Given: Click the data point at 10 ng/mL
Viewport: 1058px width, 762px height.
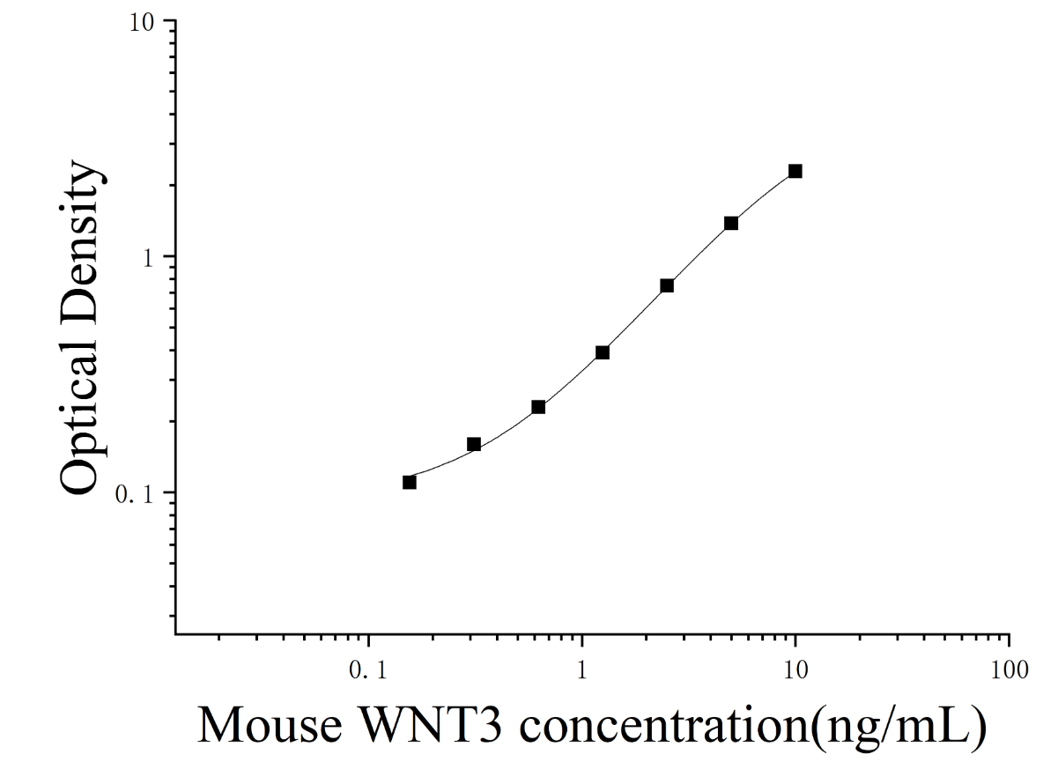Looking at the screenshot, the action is point(795,171).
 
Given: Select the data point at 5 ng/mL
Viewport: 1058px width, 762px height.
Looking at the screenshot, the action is point(731,224).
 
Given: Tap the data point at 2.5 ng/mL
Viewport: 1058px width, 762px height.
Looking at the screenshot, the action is point(667,285).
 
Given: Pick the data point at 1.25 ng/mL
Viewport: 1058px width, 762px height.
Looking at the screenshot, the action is point(603,352).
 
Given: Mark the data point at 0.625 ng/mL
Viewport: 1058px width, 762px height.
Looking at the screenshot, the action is point(538,407).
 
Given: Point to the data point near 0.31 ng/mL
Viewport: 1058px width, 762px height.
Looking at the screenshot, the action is point(474,444).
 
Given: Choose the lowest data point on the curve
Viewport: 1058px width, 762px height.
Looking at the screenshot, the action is point(410,483).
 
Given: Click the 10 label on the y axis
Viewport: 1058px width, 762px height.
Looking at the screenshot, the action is point(142,23).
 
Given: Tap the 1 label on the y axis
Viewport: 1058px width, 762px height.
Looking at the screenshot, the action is point(148,259).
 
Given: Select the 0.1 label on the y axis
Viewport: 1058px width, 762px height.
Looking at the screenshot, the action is point(136,495).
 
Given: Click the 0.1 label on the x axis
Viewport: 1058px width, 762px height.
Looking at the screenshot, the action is point(368,670).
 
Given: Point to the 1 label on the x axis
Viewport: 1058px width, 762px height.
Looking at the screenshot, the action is point(582,670).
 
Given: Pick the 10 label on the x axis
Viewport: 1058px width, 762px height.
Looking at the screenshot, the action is point(795,670).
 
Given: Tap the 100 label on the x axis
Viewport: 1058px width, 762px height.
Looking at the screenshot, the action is point(1010,670).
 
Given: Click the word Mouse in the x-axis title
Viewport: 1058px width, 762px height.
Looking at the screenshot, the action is point(270,726).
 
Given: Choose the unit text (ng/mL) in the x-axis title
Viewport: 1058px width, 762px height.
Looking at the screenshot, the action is point(899,728).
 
